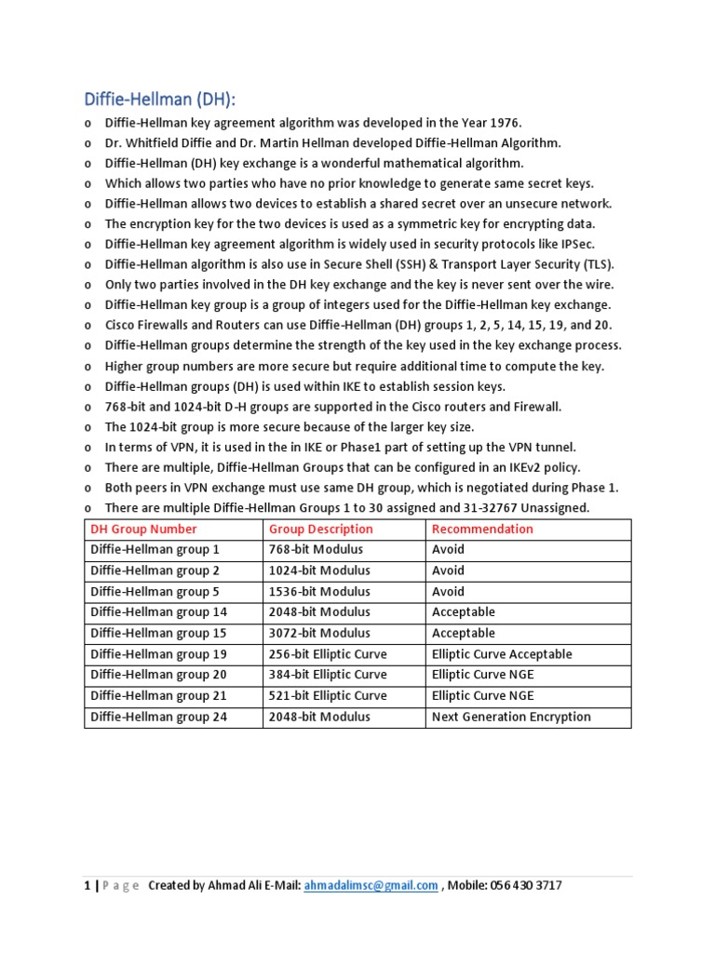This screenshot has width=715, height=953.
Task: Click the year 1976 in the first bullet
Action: pyautogui.click(x=505, y=123)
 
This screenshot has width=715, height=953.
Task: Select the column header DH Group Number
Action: pyautogui.click(x=143, y=529)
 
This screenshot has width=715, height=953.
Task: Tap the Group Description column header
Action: pyautogui.click(x=320, y=529)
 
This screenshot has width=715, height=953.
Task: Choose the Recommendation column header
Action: pyautogui.click(x=482, y=529)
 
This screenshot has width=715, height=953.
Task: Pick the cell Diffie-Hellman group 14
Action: pyautogui.click(x=158, y=612)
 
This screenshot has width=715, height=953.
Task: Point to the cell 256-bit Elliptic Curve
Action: pyautogui.click(x=327, y=654)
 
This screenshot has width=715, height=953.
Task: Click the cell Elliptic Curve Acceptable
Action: pyautogui.click(x=502, y=654)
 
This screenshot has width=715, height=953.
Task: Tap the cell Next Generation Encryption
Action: pyautogui.click(x=511, y=717)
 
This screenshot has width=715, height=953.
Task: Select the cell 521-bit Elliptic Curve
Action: pyautogui.click(x=327, y=696)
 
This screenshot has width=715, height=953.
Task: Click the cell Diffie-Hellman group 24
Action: pyautogui.click(x=158, y=717)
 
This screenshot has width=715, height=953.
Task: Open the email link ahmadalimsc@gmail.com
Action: pyautogui.click(x=371, y=886)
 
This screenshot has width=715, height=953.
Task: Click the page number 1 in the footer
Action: pyautogui.click(x=87, y=886)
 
